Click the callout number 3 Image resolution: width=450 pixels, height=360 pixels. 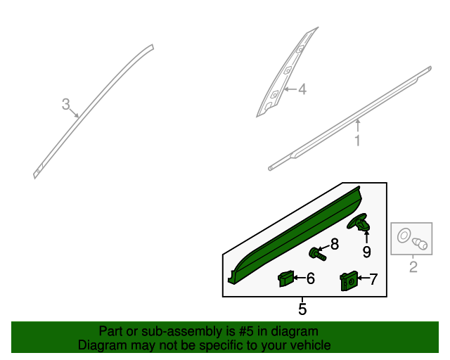coord(65,105)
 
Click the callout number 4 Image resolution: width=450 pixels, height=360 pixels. coord(302,89)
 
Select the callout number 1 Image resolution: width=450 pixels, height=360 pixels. coord(357,141)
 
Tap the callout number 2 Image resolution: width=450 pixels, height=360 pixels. coord(413,266)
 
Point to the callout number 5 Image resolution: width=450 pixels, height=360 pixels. coord(302,308)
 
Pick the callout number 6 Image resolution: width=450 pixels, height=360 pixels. coord(310,279)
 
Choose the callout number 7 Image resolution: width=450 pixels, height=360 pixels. coord(373,279)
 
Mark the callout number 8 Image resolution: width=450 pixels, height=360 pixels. coord(335,244)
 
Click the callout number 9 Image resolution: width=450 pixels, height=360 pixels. coord(366,251)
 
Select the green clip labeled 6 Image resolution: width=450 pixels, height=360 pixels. coord(285,278)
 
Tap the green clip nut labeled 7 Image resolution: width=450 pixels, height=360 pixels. coord(348,281)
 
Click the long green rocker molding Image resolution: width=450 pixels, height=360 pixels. coord(295,232)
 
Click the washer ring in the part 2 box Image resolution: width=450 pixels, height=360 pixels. coord(405,236)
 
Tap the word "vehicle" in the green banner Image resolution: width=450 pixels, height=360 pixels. coord(307,345)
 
